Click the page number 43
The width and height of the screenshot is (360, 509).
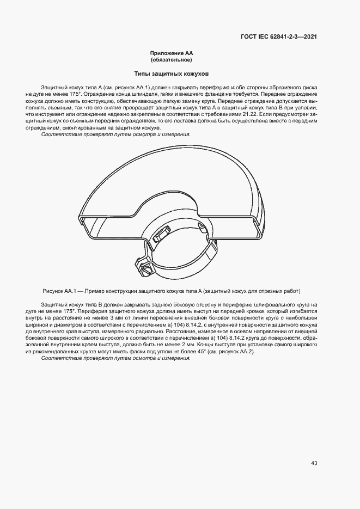[314, 463]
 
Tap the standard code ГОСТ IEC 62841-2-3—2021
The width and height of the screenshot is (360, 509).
[279, 37]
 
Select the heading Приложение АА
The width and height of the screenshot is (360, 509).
[172, 53]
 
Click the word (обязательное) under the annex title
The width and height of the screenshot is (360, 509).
[172, 59]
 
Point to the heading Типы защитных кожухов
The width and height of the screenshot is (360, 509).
[172, 73]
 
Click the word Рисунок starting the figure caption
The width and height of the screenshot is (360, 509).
[52, 291]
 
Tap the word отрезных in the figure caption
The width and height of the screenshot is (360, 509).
[270, 291]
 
